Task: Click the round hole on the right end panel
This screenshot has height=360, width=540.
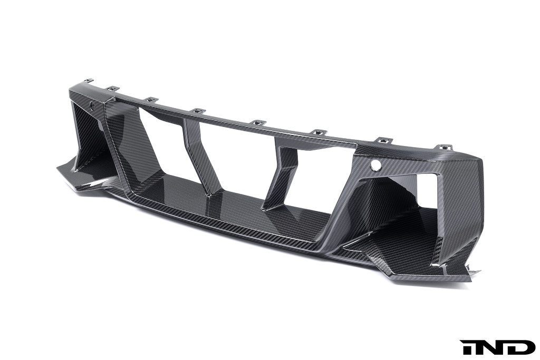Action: coord(375,165)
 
